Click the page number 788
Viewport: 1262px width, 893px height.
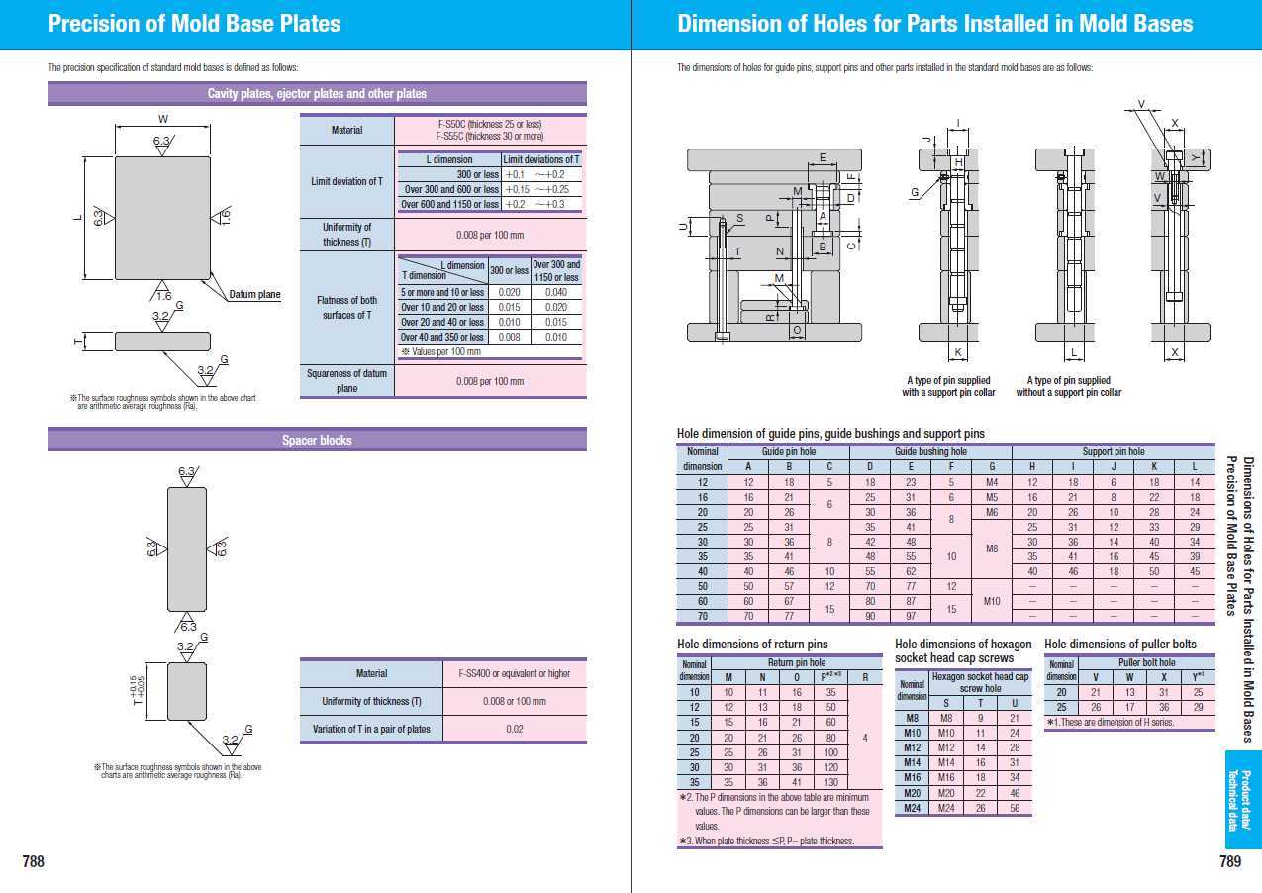[34, 861]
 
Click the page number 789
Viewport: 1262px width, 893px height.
[1230, 861]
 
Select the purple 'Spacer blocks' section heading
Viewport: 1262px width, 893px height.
[317, 440]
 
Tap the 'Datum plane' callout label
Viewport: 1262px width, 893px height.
[254, 294]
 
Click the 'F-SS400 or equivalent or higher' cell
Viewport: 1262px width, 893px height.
[514, 673]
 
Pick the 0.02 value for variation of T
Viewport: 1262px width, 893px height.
[514, 729]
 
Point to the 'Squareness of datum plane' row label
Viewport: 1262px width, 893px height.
[346, 381]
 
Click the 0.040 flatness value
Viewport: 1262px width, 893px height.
[556, 292]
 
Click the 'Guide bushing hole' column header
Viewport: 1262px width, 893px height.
[930, 451]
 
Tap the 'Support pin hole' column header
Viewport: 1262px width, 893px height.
[1114, 451]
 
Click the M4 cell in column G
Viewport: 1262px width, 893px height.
[992, 482]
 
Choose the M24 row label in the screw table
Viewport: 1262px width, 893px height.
[913, 808]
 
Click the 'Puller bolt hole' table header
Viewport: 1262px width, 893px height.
[1146, 662]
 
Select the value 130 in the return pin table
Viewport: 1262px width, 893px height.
[830, 782]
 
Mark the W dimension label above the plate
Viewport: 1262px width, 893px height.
[162, 119]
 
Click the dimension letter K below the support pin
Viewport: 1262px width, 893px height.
[958, 352]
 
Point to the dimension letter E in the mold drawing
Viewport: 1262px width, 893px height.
[823, 157]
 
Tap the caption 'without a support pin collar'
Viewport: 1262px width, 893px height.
[1068, 393]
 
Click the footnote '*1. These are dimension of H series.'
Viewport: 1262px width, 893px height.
[1110, 723]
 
